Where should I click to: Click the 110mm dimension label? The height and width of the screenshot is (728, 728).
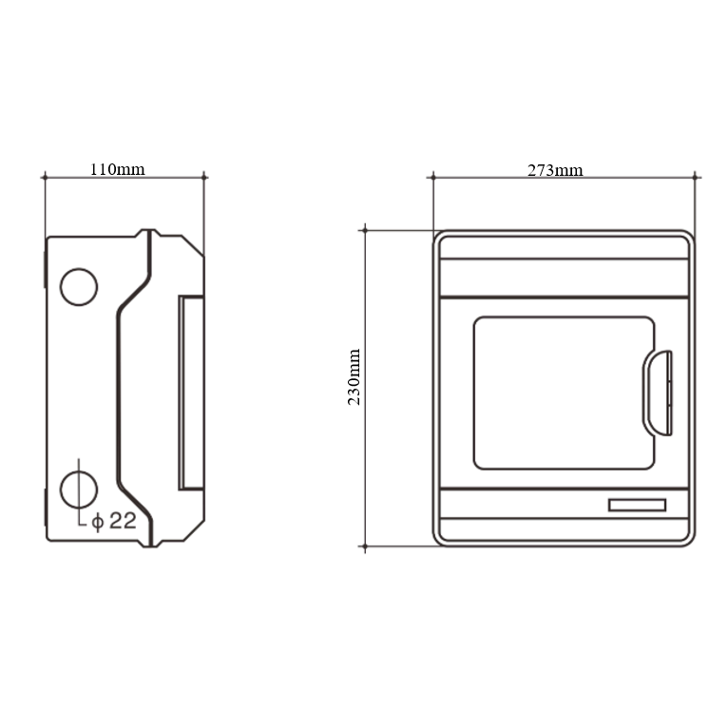click(118, 169)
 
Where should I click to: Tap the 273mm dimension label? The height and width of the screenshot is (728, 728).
click(555, 170)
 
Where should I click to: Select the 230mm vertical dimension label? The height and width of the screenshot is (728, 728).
click(354, 377)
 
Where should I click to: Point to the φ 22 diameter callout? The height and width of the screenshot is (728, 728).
click(114, 521)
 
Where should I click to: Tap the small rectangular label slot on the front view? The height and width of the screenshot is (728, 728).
click(637, 506)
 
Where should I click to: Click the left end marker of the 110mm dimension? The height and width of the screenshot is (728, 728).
click(45, 177)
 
